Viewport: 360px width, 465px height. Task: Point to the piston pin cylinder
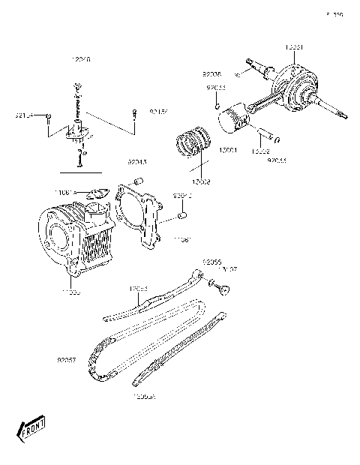[265, 136]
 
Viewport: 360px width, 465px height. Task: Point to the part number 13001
[229, 151]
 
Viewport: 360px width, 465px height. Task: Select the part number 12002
[200, 181]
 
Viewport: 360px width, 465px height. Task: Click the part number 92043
[136, 161]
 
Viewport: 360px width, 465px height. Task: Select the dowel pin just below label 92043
[139, 181]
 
